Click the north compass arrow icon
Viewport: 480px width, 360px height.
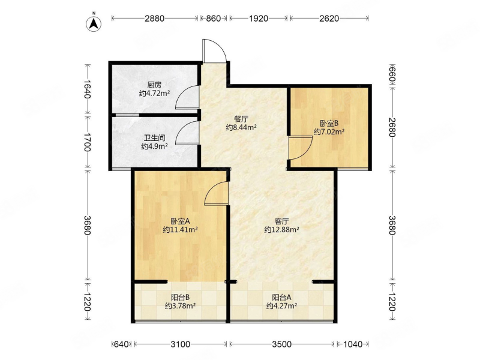(94, 23)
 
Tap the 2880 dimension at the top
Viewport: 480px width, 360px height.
(155, 19)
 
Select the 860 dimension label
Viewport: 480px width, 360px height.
(214, 19)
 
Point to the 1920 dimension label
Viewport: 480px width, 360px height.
(259, 19)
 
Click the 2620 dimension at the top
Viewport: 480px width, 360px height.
(329, 19)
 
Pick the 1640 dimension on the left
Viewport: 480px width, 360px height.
(88, 89)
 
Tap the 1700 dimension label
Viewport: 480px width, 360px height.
(88, 142)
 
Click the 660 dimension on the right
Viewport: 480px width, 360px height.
(392, 74)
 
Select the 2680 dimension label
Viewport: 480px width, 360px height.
(392, 127)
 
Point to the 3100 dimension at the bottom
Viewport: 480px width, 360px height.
(181, 344)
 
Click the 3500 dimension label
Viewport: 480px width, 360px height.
(282, 344)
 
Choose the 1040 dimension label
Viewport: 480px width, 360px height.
(353, 344)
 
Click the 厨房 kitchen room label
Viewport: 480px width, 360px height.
(154, 85)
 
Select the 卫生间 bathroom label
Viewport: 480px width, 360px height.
(155, 138)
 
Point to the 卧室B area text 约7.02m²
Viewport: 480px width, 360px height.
(329, 132)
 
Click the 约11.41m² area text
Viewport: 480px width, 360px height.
(180, 230)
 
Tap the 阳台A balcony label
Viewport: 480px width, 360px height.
(281, 297)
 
